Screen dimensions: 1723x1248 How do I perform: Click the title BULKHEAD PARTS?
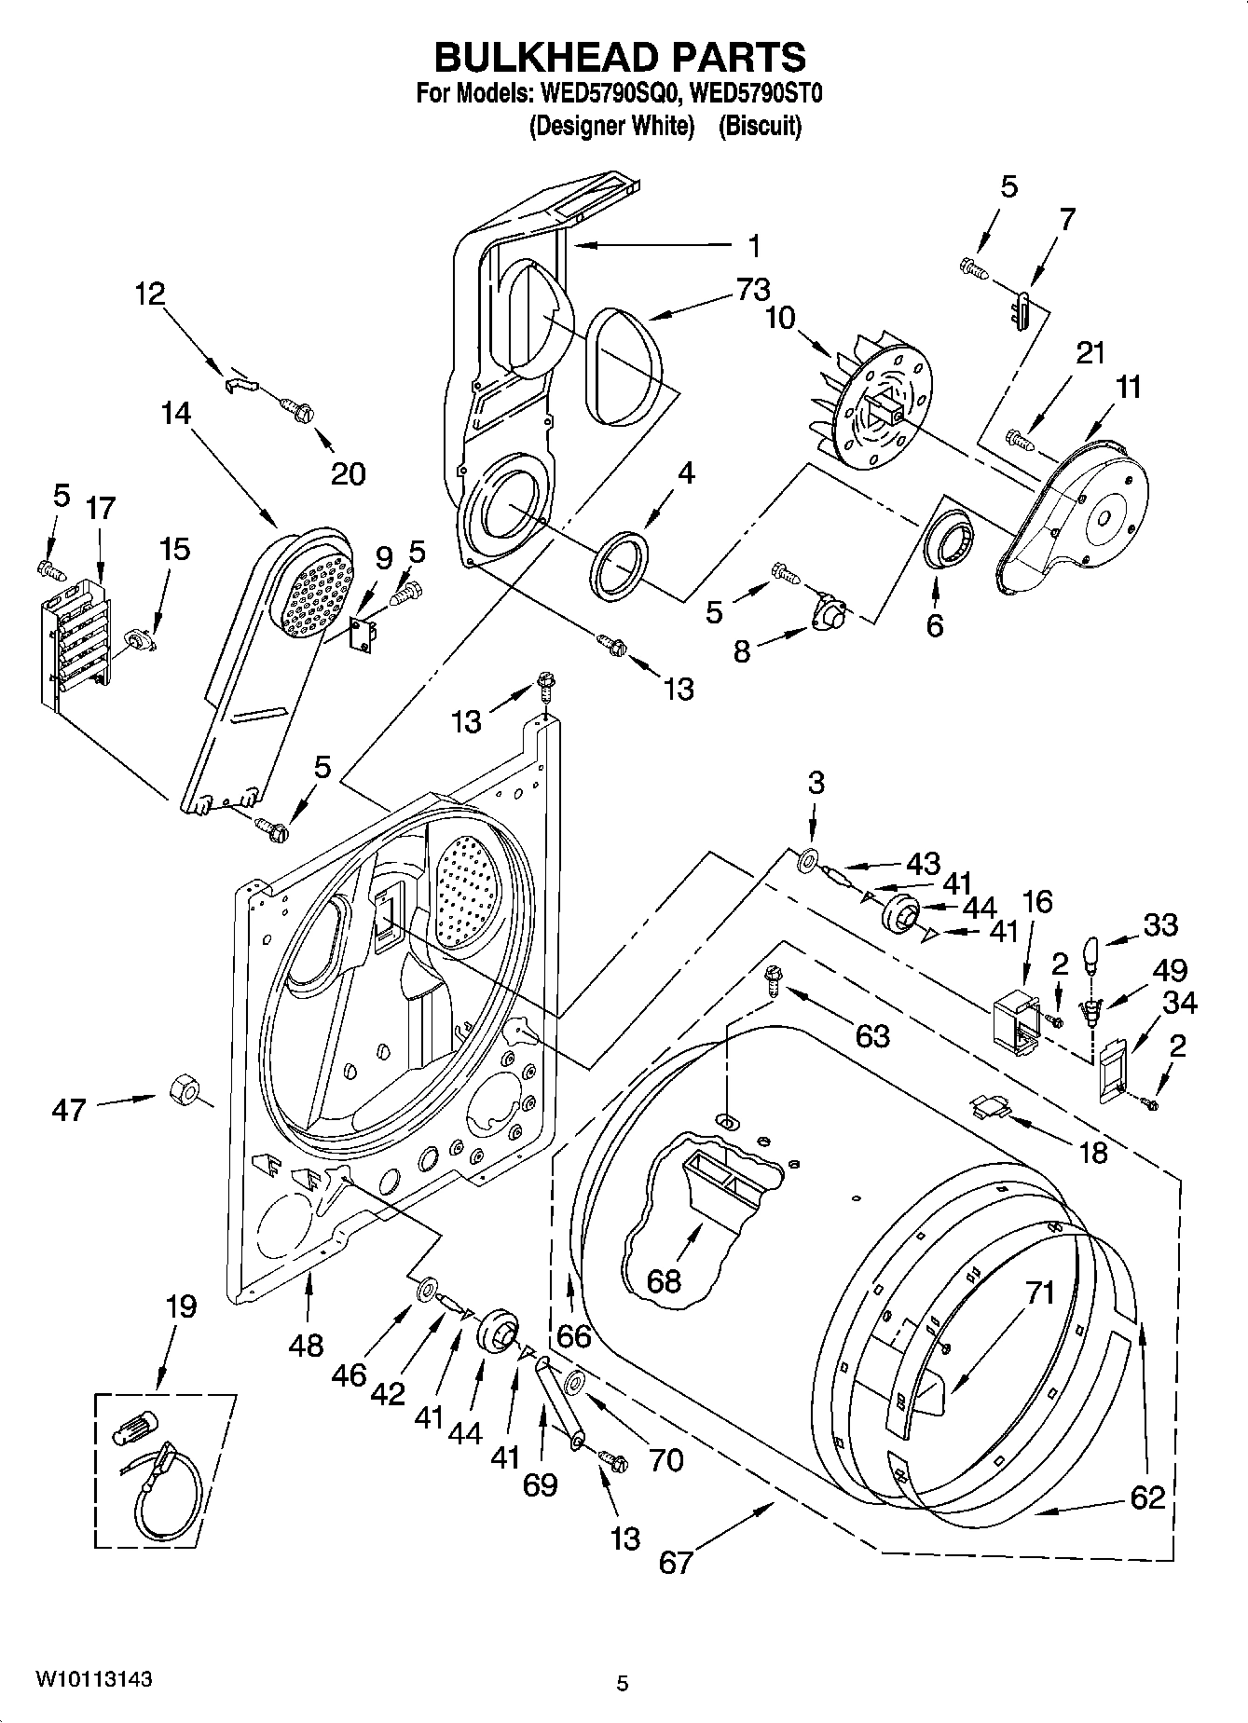pyautogui.click(x=621, y=58)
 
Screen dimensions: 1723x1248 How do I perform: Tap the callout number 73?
pyautogui.click(x=752, y=290)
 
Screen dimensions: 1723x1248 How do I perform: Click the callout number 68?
pyautogui.click(x=665, y=1280)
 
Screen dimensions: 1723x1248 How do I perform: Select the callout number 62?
pyautogui.click(x=1147, y=1497)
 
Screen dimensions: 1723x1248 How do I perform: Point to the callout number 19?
pyautogui.click(x=180, y=1306)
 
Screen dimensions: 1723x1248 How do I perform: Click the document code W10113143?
pyautogui.click(x=93, y=1679)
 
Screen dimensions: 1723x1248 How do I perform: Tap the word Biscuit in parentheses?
pyautogui.click(x=760, y=126)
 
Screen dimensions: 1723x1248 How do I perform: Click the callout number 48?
pyautogui.click(x=306, y=1344)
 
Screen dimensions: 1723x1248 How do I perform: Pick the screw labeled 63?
pyautogui.click(x=773, y=977)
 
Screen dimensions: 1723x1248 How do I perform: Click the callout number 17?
pyautogui.click(x=100, y=509)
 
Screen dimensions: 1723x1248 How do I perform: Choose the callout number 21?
pyautogui.click(x=1090, y=353)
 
